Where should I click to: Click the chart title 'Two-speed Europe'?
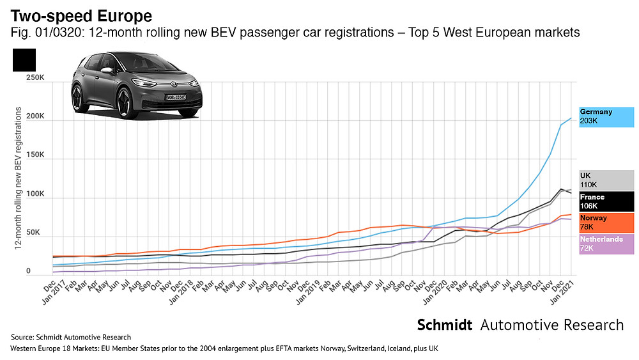click(82, 15)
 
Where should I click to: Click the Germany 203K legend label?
click(606, 116)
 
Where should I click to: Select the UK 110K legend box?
click(606, 180)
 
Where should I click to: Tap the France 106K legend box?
click(606, 201)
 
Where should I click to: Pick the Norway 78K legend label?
click(606, 223)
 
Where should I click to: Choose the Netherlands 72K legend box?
click(606, 244)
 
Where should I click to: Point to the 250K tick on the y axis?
click(35, 77)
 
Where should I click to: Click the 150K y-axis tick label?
click(35, 155)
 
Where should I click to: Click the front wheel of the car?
click(121, 103)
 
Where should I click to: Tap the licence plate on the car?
click(177, 97)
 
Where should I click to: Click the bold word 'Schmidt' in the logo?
click(445, 325)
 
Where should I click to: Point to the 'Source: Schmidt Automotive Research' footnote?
click(70, 337)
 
